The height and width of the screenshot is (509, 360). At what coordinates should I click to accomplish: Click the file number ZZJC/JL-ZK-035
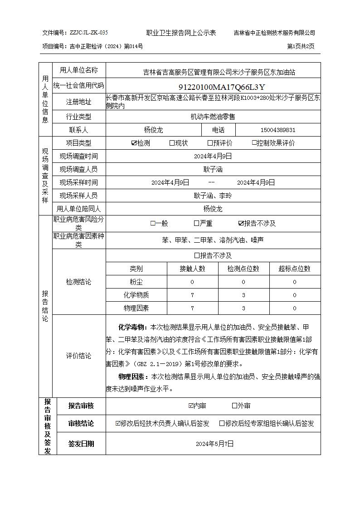point(89,33)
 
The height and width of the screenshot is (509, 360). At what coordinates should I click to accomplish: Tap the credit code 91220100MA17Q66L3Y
point(221,87)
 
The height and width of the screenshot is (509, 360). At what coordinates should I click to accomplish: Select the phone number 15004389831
point(278,130)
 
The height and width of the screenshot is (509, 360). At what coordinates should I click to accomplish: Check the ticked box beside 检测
point(134,143)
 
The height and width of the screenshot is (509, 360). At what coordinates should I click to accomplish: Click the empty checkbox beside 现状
point(172,143)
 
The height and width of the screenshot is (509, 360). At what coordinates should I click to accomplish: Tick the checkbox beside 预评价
point(210,143)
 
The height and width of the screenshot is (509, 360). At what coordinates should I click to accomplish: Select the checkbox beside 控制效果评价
point(255,143)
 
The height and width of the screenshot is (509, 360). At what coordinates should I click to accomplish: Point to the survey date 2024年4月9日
point(213,156)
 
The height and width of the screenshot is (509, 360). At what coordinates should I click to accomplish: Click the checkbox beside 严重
point(196,223)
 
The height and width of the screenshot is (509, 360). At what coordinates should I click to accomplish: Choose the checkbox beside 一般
point(153,223)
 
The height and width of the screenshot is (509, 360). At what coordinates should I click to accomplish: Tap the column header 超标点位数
point(294,269)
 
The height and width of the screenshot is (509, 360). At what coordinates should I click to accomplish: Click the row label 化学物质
point(136,295)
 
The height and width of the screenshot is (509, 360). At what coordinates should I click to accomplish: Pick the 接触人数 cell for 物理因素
point(192,308)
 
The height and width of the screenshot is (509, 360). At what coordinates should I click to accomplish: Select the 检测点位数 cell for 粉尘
point(243,282)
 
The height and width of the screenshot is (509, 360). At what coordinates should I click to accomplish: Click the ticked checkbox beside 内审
point(191,406)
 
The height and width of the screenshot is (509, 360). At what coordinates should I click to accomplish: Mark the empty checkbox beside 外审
point(234,406)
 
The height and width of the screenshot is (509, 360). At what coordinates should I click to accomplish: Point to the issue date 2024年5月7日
point(214,444)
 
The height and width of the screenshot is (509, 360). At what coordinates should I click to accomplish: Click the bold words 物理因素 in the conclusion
point(131,377)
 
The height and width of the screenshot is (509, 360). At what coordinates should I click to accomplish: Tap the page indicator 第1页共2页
point(301,46)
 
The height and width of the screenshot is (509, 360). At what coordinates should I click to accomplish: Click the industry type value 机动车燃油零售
point(213,117)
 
